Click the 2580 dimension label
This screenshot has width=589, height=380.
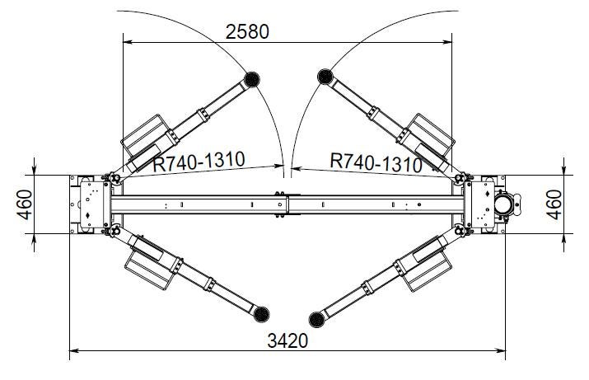coord(247,31)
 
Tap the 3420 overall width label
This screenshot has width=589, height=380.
coord(287,341)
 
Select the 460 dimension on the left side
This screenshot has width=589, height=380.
coord(25,204)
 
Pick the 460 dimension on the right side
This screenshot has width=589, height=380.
coord(554,204)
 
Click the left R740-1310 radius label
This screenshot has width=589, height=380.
coord(199,161)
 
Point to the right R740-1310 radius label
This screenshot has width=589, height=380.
coord(376,163)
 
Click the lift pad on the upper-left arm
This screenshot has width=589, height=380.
coord(252,79)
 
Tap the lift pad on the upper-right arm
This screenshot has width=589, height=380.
coord(325,77)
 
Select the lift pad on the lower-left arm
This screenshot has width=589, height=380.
coord(261,314)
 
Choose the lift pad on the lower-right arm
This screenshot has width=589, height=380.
coord(316,320)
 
